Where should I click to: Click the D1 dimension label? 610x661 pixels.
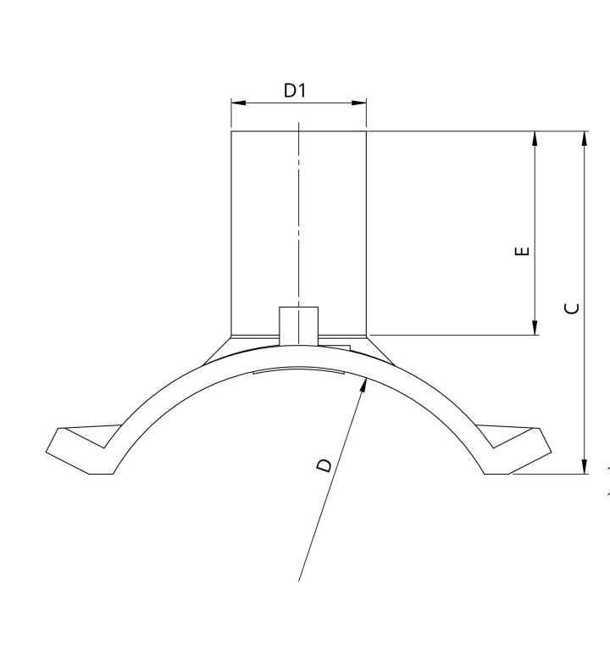[x=295, y=90]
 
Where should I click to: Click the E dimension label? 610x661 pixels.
[x=523, y=251]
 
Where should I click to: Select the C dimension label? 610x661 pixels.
[x=572, y=308]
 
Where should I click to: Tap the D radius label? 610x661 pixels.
[x=324, y=465]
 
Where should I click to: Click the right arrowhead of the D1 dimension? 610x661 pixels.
[x=358, y=103]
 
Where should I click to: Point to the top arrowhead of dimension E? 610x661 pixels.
[x=535, y=139]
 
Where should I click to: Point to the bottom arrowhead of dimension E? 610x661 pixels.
[x=535, y=328]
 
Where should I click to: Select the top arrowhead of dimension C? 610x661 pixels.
[x=585, y=139]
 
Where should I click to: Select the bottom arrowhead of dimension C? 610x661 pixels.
[x=585, y=467]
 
